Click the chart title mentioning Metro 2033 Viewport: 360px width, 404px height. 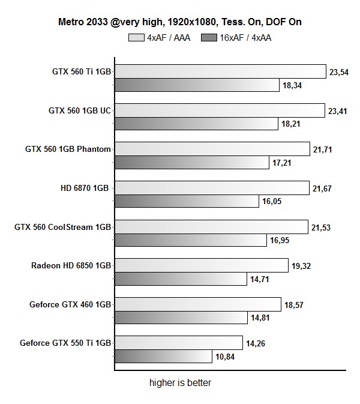179,22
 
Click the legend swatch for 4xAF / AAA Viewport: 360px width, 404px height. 136,38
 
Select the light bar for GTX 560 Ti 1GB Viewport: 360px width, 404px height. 220,71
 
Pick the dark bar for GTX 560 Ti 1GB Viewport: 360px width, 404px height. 197,85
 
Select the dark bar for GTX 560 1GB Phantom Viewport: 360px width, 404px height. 191,163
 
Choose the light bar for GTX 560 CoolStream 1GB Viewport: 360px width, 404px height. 211,227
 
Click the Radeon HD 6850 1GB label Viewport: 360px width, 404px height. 71,265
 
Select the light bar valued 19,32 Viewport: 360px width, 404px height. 201,265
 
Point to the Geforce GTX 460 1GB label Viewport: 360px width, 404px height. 70,304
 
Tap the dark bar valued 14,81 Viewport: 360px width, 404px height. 181,318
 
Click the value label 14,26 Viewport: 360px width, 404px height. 257,343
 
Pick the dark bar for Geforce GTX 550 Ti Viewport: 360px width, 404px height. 163,357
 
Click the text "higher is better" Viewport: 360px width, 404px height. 180,382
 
